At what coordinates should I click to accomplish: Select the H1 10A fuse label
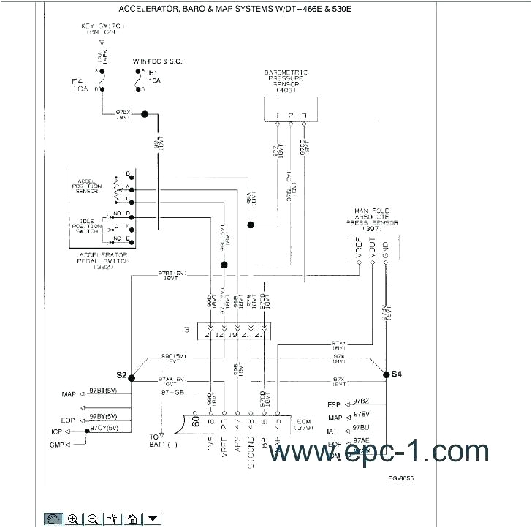coord(154,77)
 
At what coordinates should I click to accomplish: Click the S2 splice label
coord(121,375)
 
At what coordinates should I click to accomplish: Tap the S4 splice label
coord(396,374)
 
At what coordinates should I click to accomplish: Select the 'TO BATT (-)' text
coord(154,440)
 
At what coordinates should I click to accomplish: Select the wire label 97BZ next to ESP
coord(361,401)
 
